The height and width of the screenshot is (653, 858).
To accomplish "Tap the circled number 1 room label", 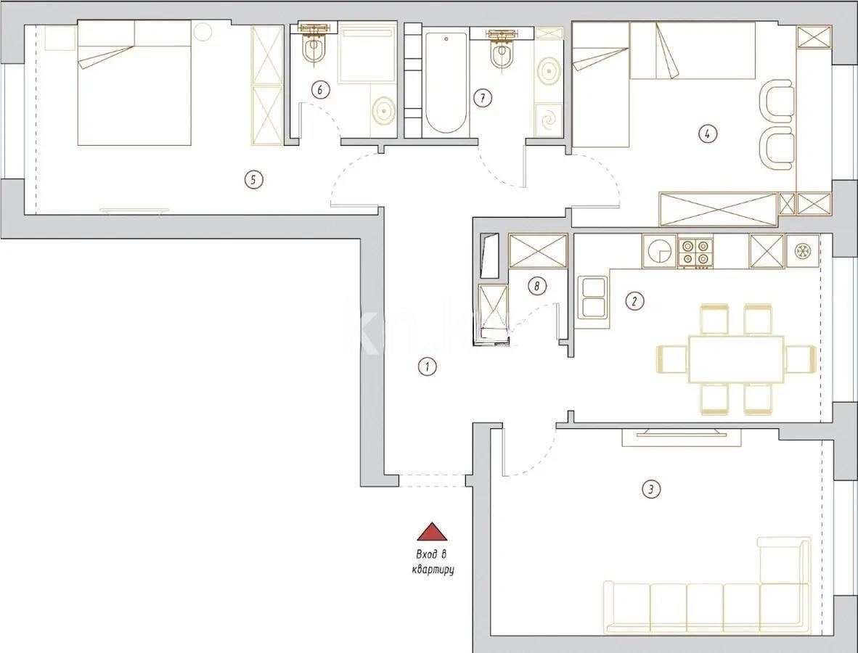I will pos(428,366).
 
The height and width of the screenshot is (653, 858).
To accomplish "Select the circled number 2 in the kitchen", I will pos(634,300).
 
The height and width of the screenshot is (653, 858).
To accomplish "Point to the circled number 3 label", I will pos(651,490).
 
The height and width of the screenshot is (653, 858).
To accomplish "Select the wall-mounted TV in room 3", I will pos(681,433).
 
